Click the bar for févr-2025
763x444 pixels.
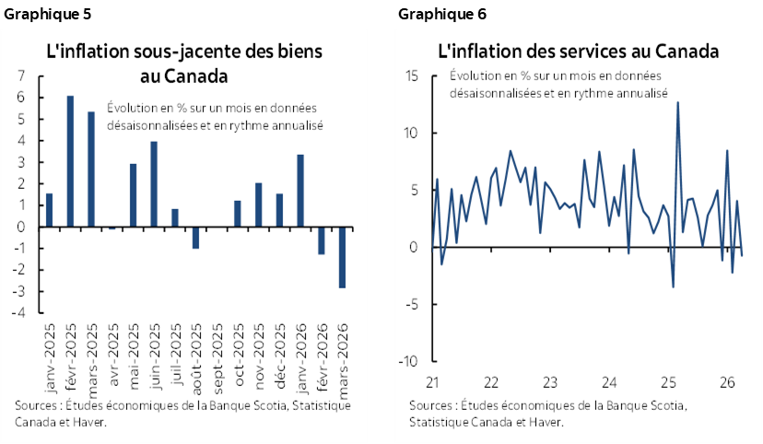click(x=70, y=161)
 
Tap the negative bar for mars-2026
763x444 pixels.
click(x=342, y=257)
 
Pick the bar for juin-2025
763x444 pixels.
click(x=154, y=184)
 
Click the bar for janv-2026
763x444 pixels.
click(x=300, y=191)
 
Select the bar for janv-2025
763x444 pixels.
click(x=49, y=210)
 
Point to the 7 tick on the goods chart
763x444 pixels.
click(x=20, y=76)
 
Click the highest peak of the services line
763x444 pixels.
click(x=677, y=102)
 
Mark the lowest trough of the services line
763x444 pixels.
click(x=673, y=287)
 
